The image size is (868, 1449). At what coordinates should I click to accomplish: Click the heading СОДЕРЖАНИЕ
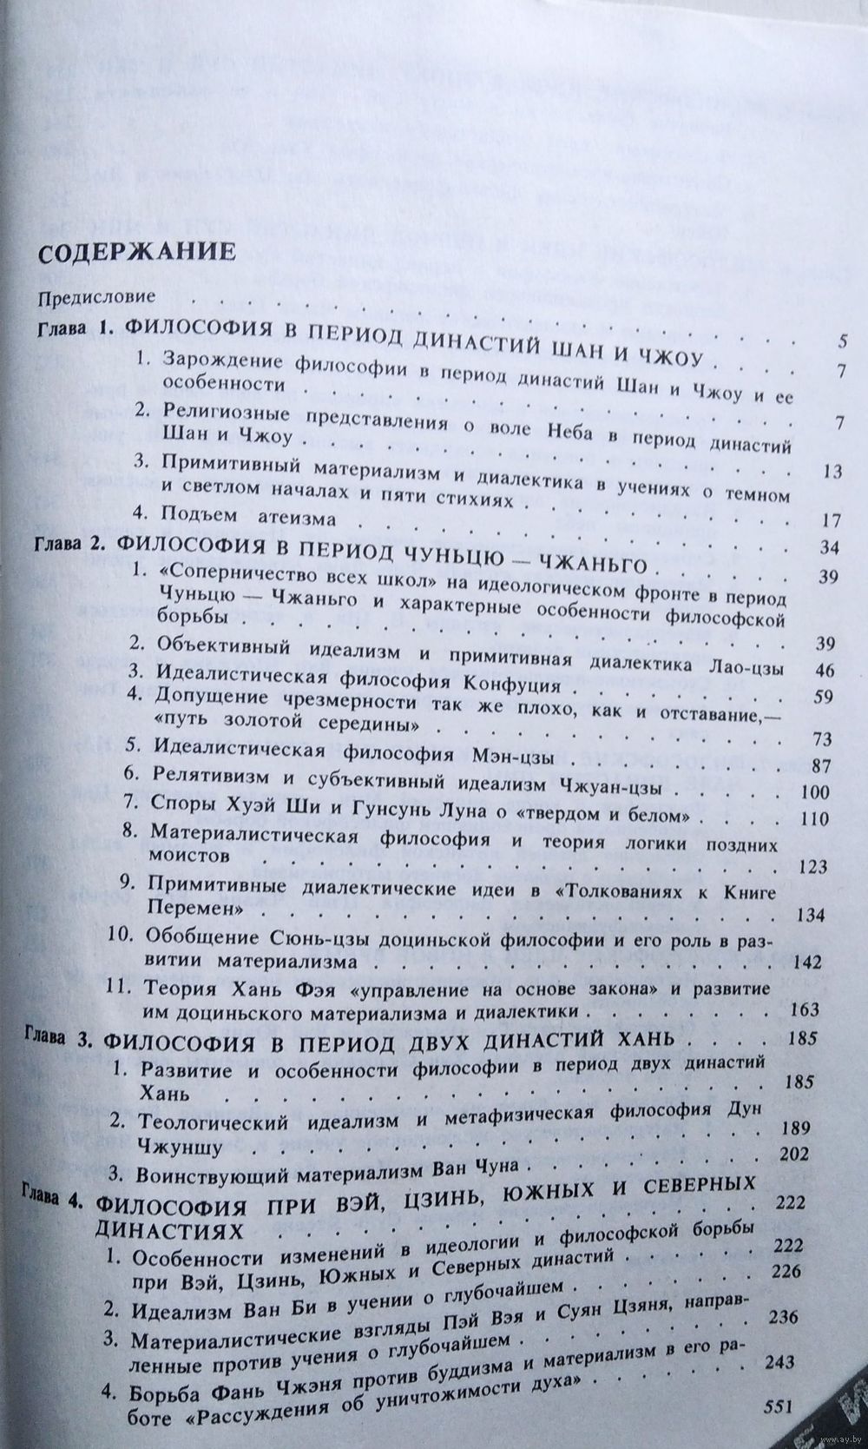pyautogui.click(x=134, y=253)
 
